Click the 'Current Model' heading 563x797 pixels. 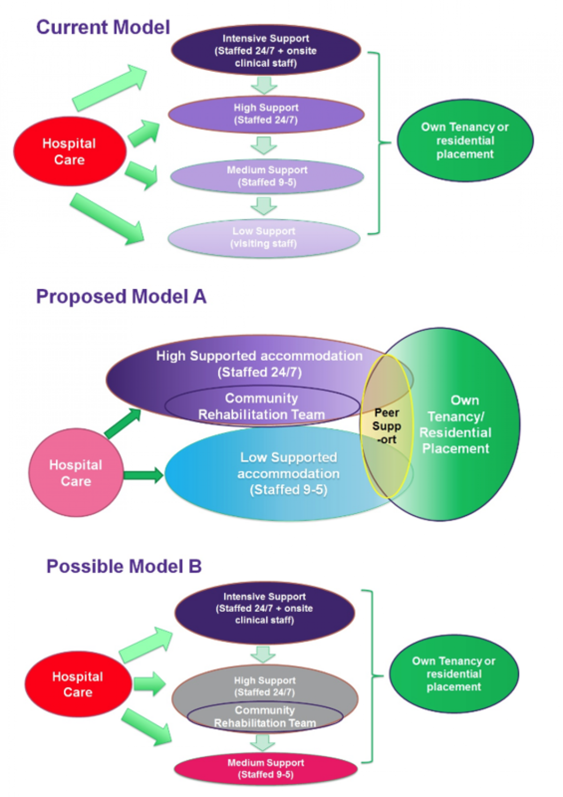103,27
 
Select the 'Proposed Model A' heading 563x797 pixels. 121,296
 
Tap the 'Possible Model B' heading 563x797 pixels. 124,566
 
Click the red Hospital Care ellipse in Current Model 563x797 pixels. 69,151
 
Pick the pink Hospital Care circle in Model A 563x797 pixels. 76,473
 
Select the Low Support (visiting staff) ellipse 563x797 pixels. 264,237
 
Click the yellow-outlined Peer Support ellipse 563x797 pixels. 387,426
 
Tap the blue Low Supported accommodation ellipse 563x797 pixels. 288,473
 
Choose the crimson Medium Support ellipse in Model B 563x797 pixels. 266,768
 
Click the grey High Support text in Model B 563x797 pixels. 265,686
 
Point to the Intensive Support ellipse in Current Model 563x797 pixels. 266,50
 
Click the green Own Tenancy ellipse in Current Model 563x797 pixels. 465,140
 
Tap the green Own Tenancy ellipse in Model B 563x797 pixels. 454,674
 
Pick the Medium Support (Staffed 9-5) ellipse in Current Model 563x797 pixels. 267,176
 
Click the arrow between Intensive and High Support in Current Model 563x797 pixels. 264,85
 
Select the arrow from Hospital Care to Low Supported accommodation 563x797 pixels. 144,475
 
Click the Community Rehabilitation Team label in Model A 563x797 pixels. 261,406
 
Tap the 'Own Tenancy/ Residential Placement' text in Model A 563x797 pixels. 455,424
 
